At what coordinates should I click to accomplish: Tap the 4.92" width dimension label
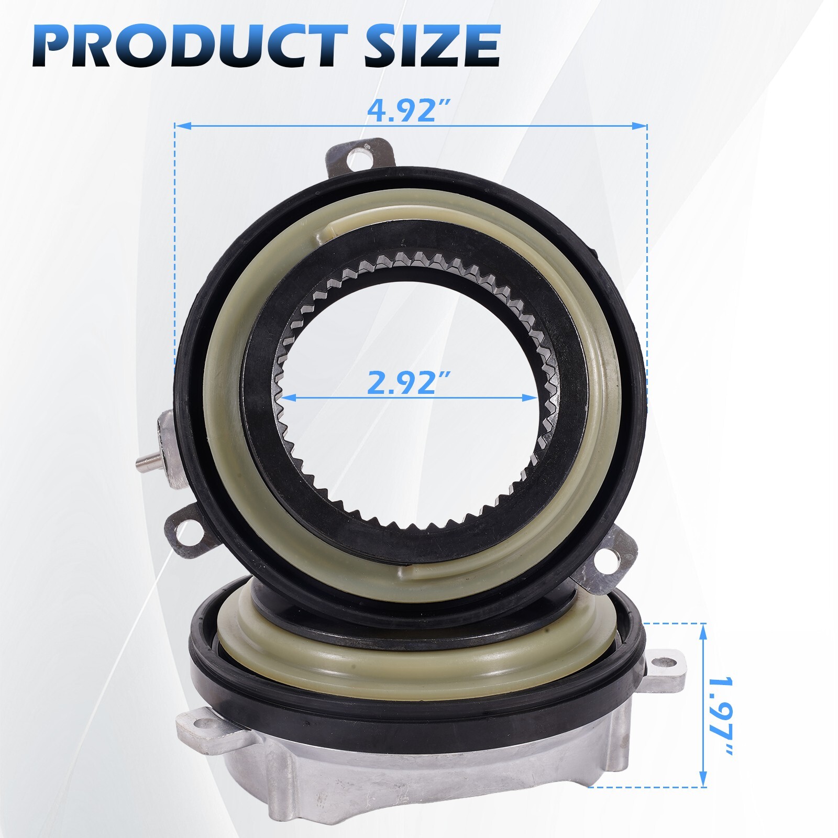point(410,109)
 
